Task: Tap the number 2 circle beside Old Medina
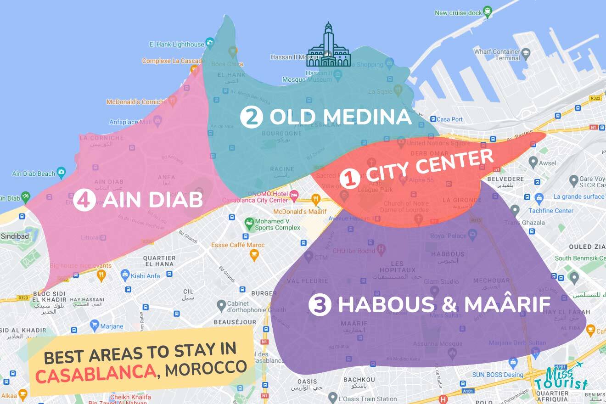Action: [251, 117]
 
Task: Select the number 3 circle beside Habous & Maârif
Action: [320, 305]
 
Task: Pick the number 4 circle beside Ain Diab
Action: [84, 200]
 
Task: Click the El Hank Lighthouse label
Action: [177, 45]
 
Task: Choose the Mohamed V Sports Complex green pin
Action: [249, 224]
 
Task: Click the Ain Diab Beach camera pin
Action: [62, 173]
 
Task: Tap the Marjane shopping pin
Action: [95, 326]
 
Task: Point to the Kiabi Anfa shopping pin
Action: [125, 275]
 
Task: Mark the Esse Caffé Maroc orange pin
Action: [254, 255]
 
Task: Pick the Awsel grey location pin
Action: [533, 162]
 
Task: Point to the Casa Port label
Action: [449, 119]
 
